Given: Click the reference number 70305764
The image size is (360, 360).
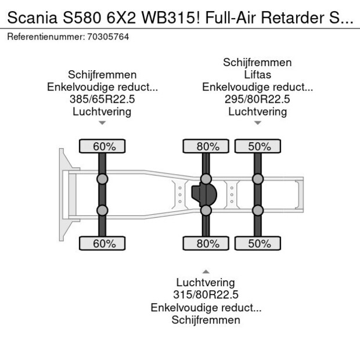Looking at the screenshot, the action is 108,37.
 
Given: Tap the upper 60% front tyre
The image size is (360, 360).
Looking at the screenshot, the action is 102,146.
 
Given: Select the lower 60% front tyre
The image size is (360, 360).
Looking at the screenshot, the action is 102,243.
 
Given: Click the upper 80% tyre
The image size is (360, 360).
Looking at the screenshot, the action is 206,146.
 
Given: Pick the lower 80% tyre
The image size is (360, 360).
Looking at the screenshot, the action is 206,243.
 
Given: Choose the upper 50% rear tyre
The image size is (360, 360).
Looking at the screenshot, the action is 258,146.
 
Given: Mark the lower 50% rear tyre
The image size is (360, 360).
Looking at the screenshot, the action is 258,243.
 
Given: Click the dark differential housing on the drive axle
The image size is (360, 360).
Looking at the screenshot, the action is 204,195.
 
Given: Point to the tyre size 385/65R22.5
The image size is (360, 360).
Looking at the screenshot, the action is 102,99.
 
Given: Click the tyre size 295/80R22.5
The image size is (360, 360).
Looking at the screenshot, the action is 257,99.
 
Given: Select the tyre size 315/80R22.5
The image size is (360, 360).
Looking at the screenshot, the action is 206,294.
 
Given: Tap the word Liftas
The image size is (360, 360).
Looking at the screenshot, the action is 257,75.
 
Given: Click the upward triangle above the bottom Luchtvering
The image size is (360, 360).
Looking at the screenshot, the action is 206,272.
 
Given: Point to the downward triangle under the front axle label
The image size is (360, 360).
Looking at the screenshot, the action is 102,123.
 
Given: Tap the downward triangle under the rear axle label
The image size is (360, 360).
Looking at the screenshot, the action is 258,123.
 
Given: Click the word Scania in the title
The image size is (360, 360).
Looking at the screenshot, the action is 33,17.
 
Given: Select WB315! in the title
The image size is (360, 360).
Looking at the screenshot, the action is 171,17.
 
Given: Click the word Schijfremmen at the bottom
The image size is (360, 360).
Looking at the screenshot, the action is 206,320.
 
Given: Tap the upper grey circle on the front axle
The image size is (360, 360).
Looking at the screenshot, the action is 102,179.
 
